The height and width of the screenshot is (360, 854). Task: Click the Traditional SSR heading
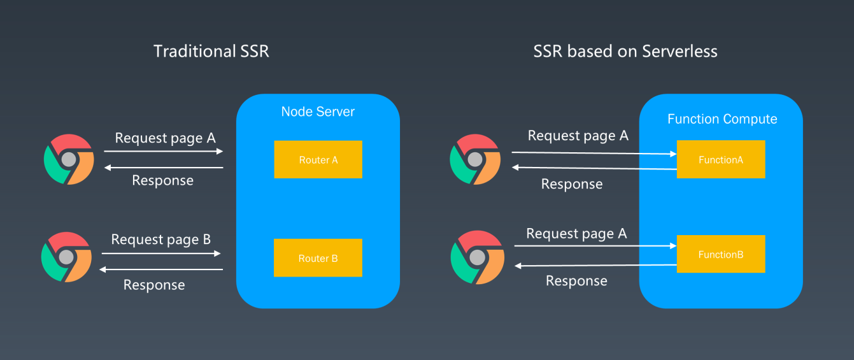coord(211,51)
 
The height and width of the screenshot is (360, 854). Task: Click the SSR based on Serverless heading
coord(625,51)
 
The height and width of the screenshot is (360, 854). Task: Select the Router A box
coord(318,159)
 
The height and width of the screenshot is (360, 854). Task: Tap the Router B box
coord(318,258)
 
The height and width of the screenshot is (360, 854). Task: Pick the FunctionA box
coord(721,159)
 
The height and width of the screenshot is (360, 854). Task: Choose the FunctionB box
coord(721,254)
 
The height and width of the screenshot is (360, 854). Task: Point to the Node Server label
coord(318,112)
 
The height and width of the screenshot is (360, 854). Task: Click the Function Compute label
coord(722,119)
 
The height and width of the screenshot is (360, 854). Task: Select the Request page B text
coord(160,240)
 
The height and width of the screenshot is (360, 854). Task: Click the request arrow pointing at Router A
coord(164,151)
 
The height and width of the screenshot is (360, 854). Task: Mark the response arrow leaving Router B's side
coord(161,270)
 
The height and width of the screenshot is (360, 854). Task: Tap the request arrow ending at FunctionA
coord(594,153)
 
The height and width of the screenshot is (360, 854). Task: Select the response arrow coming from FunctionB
coord(595,265)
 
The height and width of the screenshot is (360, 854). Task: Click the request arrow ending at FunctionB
coord(594,245)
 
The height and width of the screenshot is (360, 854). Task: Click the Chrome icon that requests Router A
coord(69,159)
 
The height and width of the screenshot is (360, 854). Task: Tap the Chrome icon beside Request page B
coord(66,257)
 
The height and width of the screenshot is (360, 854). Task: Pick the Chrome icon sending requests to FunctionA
coord(475,159)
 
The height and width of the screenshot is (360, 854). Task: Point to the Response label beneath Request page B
coord(154,285)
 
